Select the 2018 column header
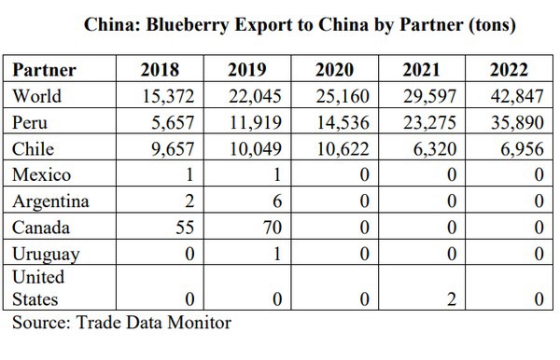pos(160,70)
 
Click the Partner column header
pos(45,70)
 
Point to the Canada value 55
pos(181,228)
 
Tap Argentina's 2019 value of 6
pos(277,201)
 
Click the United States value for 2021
pos(451,299)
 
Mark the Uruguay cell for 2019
pos(277,254)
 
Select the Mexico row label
pos(42,174)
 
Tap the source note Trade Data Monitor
pos(121,323)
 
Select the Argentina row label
pos(51,201)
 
